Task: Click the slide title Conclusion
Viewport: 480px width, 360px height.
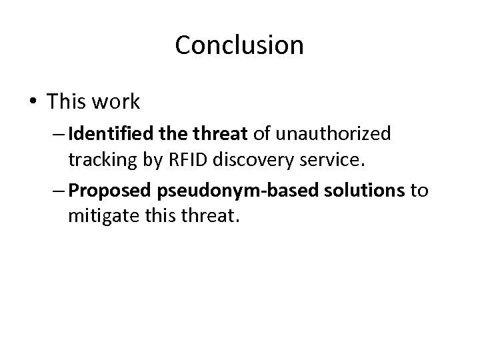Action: click(239, 45)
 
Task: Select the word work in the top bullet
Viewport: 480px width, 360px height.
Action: click(117, 101)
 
